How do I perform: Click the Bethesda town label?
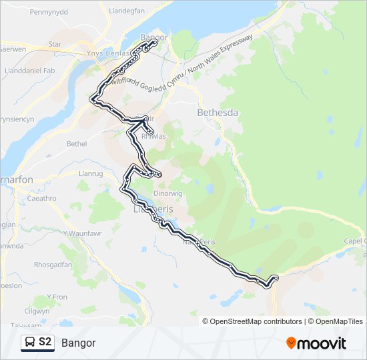[x=218, y=113]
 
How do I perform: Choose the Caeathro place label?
[x=43, y=198]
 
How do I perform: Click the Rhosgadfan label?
[x=53, y=265]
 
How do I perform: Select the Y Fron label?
[x=57, y=297]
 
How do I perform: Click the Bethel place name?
[x=77, y=143]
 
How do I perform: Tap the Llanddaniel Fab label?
[x=29, y=71]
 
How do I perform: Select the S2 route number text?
[x=45, y=343]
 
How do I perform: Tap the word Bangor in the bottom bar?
[x=79, y=343]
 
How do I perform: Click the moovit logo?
[x=316, y=343]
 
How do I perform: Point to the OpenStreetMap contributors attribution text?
[x=255, y=321]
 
